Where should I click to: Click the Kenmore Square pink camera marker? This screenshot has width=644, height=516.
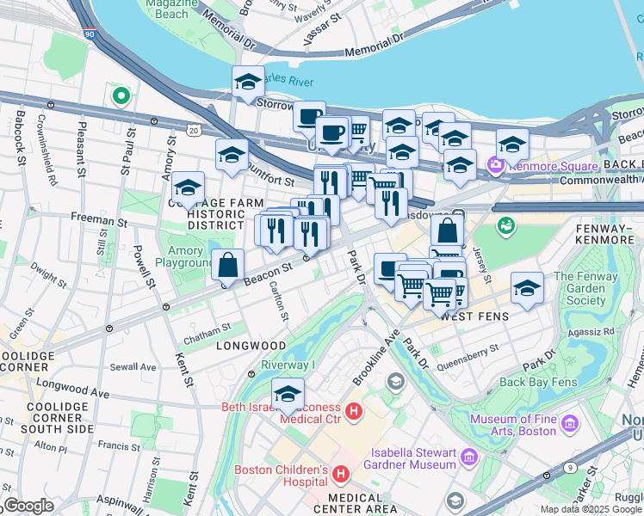point(495,165)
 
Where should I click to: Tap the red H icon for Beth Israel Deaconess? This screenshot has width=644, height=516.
point(353,412)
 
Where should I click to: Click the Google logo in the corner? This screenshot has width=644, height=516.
point(28,505)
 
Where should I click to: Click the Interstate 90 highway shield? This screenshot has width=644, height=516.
point(90,34)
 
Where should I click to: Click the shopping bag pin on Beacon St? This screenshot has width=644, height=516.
point(227,265)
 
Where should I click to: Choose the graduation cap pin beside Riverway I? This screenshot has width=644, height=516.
point(288,394)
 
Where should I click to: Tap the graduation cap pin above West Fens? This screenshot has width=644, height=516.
point(527,288)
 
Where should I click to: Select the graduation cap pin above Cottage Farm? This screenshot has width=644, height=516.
point(188,188)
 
